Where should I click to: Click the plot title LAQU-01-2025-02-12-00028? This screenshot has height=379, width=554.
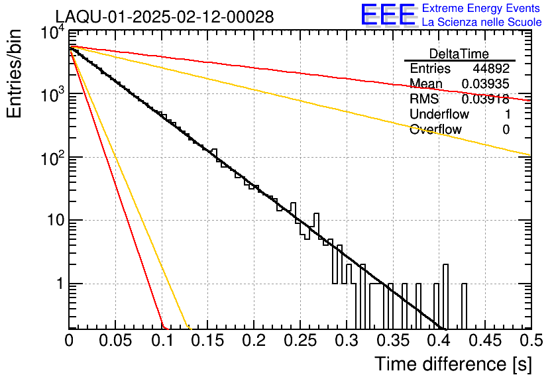pyautogui.click(x=164, y=17)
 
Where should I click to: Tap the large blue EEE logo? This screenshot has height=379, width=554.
pyautogui.click(x=388, y=15)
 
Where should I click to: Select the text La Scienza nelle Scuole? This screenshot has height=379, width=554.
pyautogui.click(x=482, y=23)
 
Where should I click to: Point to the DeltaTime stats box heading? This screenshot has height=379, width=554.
pyautogui.click(x=459, y=54)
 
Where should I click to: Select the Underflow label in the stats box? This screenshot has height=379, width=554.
pyautogui.click(x=439, y=115)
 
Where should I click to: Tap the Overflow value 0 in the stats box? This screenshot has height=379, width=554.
pyautogui.click(x=506, y=130)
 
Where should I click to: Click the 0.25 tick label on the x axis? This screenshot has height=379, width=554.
pyautogui.click(x=300, y=341)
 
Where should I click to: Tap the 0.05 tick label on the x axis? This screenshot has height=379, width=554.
pyautogui.click(x=115, y=341)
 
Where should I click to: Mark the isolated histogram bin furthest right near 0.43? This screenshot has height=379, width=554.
pyautogui.click(x=464, y=306)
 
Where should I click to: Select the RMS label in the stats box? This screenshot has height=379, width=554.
pyautogui.click(x=424, y=99)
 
